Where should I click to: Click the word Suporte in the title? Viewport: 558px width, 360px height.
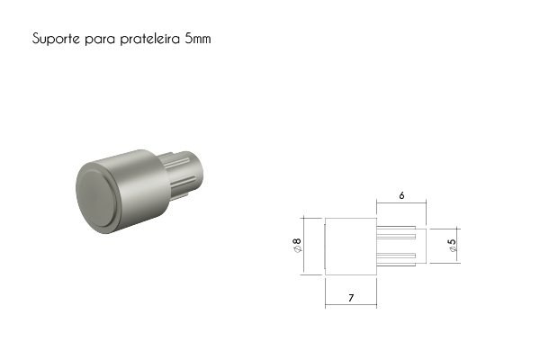pyautogui.click(x=56, y=39)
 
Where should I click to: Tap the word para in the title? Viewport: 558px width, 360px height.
pyautogui.click(x=100, y=40)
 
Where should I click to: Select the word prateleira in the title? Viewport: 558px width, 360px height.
pyautogui.click(x=150, y=39)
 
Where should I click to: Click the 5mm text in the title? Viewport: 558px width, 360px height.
pyautogui.click(x=198, y=39)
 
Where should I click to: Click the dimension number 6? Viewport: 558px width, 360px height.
pyautogui.click(x=401, y=195)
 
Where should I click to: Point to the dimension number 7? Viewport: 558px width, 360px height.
pyautogui.click(x=351, y=298)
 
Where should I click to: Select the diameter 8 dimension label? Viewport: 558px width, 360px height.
pyautogui.click(x=296, y=245)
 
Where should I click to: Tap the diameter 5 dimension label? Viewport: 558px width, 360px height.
pyautogui.click(x=452, y=245)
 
